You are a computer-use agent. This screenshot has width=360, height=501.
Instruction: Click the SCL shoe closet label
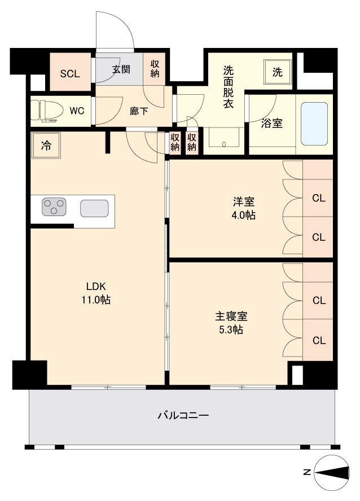70,74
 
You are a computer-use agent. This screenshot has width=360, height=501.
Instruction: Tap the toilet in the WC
48,111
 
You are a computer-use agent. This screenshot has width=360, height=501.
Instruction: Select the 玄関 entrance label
121,69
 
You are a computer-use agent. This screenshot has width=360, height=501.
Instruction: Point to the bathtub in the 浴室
314,124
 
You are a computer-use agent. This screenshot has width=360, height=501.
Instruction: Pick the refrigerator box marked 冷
46,146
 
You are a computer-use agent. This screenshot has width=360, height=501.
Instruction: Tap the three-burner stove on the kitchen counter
54,206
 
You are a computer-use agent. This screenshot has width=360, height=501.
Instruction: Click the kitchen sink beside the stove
94,208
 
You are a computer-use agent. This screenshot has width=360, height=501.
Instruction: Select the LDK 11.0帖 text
96,293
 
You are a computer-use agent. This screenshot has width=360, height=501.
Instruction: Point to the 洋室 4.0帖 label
243,209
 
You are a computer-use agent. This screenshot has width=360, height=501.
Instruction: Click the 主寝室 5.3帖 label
231,323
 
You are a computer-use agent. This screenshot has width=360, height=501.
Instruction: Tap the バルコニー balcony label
183,415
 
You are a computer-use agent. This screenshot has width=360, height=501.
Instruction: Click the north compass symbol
332,472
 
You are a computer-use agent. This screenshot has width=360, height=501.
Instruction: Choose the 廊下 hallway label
139,111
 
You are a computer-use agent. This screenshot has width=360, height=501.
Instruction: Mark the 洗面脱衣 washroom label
228,87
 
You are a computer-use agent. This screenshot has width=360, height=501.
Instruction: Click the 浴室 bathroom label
271,124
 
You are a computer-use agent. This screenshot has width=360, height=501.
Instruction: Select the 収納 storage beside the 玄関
155,69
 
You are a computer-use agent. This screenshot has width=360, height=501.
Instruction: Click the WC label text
77,111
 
